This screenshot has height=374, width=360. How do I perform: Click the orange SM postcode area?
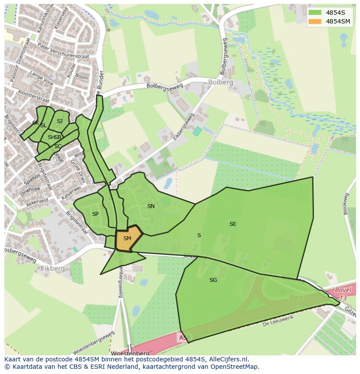127,238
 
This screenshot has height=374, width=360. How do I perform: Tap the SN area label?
151,206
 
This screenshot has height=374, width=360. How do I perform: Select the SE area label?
233,224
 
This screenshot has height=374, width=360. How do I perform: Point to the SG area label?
213,280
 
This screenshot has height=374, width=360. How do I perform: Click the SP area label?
95,214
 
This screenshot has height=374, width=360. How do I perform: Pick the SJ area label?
60,121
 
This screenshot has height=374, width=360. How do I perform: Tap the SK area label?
35,123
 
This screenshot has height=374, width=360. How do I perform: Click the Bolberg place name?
220,82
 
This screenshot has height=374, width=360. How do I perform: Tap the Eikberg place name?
53,268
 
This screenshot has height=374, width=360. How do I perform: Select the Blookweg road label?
346,204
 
